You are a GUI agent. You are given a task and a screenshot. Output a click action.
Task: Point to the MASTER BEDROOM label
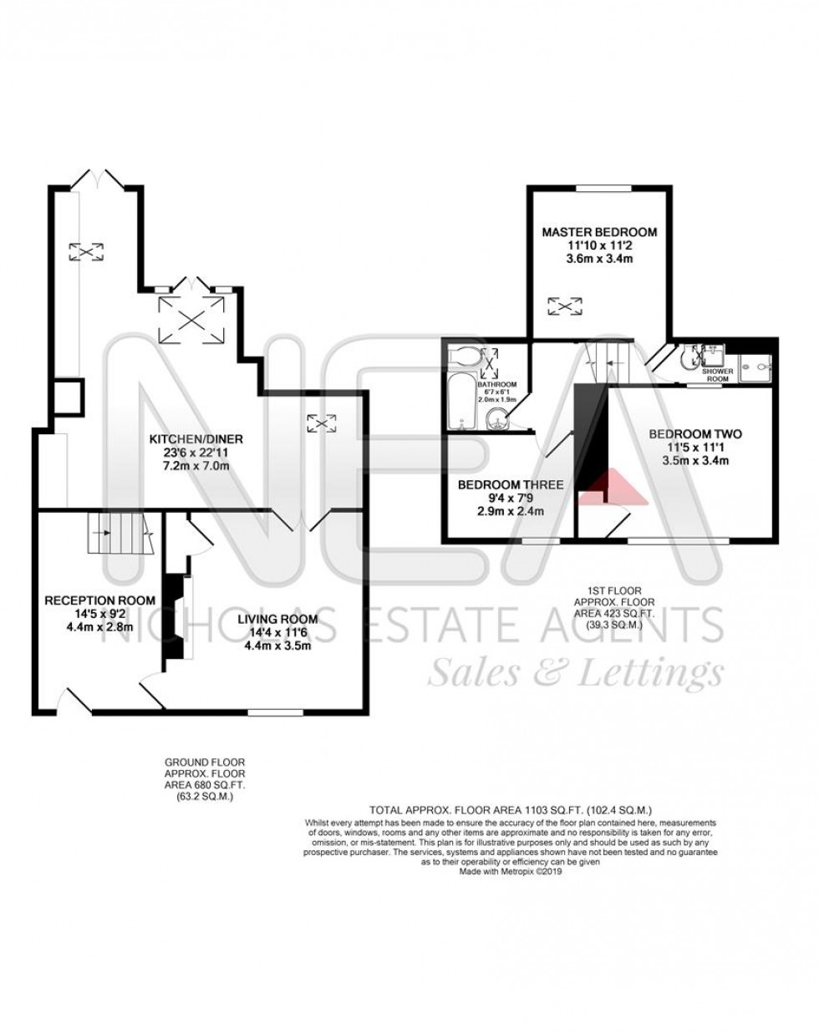[598, 232]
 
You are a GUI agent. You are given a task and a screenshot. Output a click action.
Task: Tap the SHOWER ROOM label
[715, 374]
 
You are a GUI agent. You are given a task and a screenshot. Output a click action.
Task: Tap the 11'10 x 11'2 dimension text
[598, 246]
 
